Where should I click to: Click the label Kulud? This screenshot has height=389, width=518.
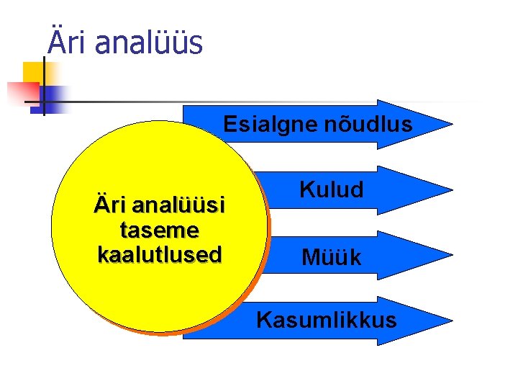(332, 190)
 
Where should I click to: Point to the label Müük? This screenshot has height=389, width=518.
(332, 256)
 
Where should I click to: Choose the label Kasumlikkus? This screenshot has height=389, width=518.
(326, 319)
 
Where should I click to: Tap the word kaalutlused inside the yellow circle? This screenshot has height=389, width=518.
(160, 254)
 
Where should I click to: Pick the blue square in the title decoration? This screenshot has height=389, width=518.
(55, 95)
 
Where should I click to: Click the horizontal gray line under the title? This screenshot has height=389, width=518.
(252, 102)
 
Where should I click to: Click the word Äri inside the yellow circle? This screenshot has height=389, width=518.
(110, 206)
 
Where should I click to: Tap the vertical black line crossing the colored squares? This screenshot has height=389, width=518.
(43, 86)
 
